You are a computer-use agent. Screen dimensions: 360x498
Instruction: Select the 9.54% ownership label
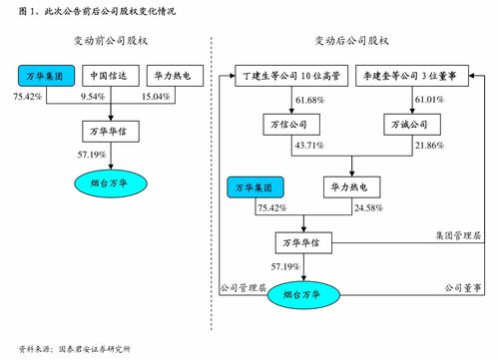[94, 97]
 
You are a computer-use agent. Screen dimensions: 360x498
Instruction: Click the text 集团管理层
[457, 235]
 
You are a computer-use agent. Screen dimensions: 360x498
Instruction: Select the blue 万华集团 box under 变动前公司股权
[44, 76]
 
